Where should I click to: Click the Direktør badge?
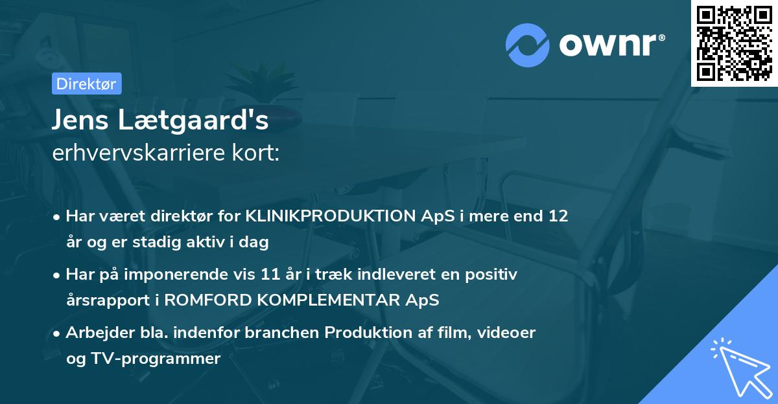86,84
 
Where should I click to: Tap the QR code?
735,43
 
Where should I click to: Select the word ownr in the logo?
609,44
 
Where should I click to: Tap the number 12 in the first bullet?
558,216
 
